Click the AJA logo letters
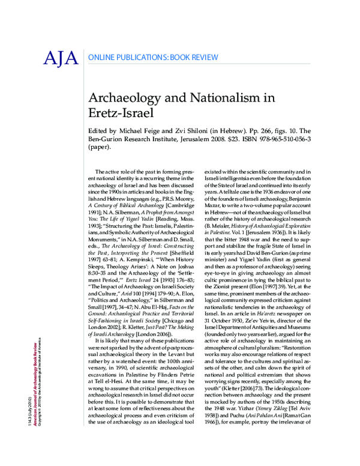[60, 58]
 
